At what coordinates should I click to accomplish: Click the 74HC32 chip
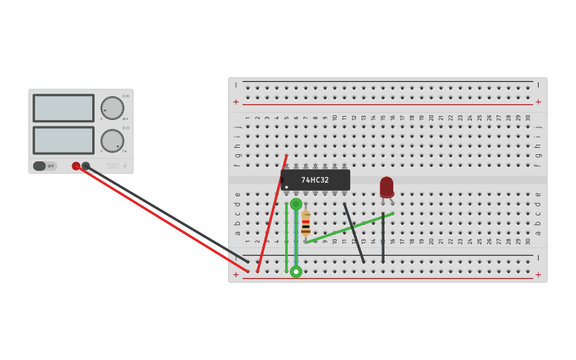click(x=315, y=180)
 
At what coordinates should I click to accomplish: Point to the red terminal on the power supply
click(x=76, y=166)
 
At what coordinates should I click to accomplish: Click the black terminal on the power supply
click(x=86, y=166)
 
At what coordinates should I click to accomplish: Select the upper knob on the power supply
click(x=112, y=108)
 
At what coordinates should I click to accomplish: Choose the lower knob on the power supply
click(x=112, y=141)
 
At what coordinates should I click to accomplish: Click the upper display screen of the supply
click(x=64, y=108)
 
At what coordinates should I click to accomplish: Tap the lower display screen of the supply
click(x=64, y=141)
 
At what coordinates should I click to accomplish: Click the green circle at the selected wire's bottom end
click(x=296, y=272)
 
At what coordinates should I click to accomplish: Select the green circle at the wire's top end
click(x=296, y=204)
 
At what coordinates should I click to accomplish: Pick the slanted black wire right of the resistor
click(x=354, y=232)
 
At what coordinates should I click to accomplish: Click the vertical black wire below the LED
click(x=383, y=238)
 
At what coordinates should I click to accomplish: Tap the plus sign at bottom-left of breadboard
click(x=236, y=275)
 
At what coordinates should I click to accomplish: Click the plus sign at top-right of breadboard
click(x=538, y=102)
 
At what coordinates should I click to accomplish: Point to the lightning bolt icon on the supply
click(x=124, y=166)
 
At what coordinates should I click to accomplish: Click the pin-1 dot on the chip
click(x=287, y=188)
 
